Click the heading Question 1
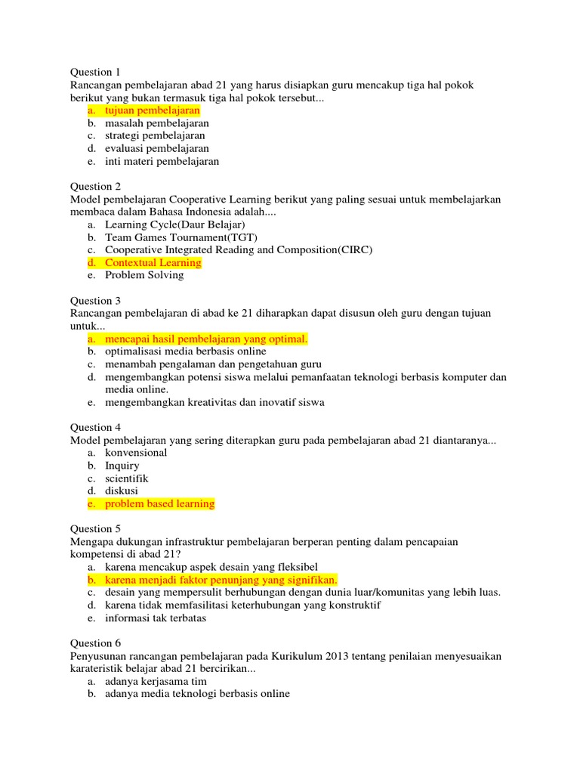tap(95, 73)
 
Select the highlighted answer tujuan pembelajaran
tap(147, 110)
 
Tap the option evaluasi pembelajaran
tap(157, 149)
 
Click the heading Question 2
tap(95, 187)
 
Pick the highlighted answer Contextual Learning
tap(153, 263)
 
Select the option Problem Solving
tap(144, 275)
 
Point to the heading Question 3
tap(95, 301)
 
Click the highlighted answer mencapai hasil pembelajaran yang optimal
tap(206, 339)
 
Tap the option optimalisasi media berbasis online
tap(186, 351)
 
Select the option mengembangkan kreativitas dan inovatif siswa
tap(214, 402)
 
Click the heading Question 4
tap(95, 428)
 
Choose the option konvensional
tap(136, 453)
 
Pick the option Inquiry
tap(122, 466)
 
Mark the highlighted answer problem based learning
tap(159, 503)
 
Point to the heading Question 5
tap(95, 529)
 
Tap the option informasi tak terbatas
tap(156, 618)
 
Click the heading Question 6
tap(95, 643)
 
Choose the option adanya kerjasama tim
tap(156, 681)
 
